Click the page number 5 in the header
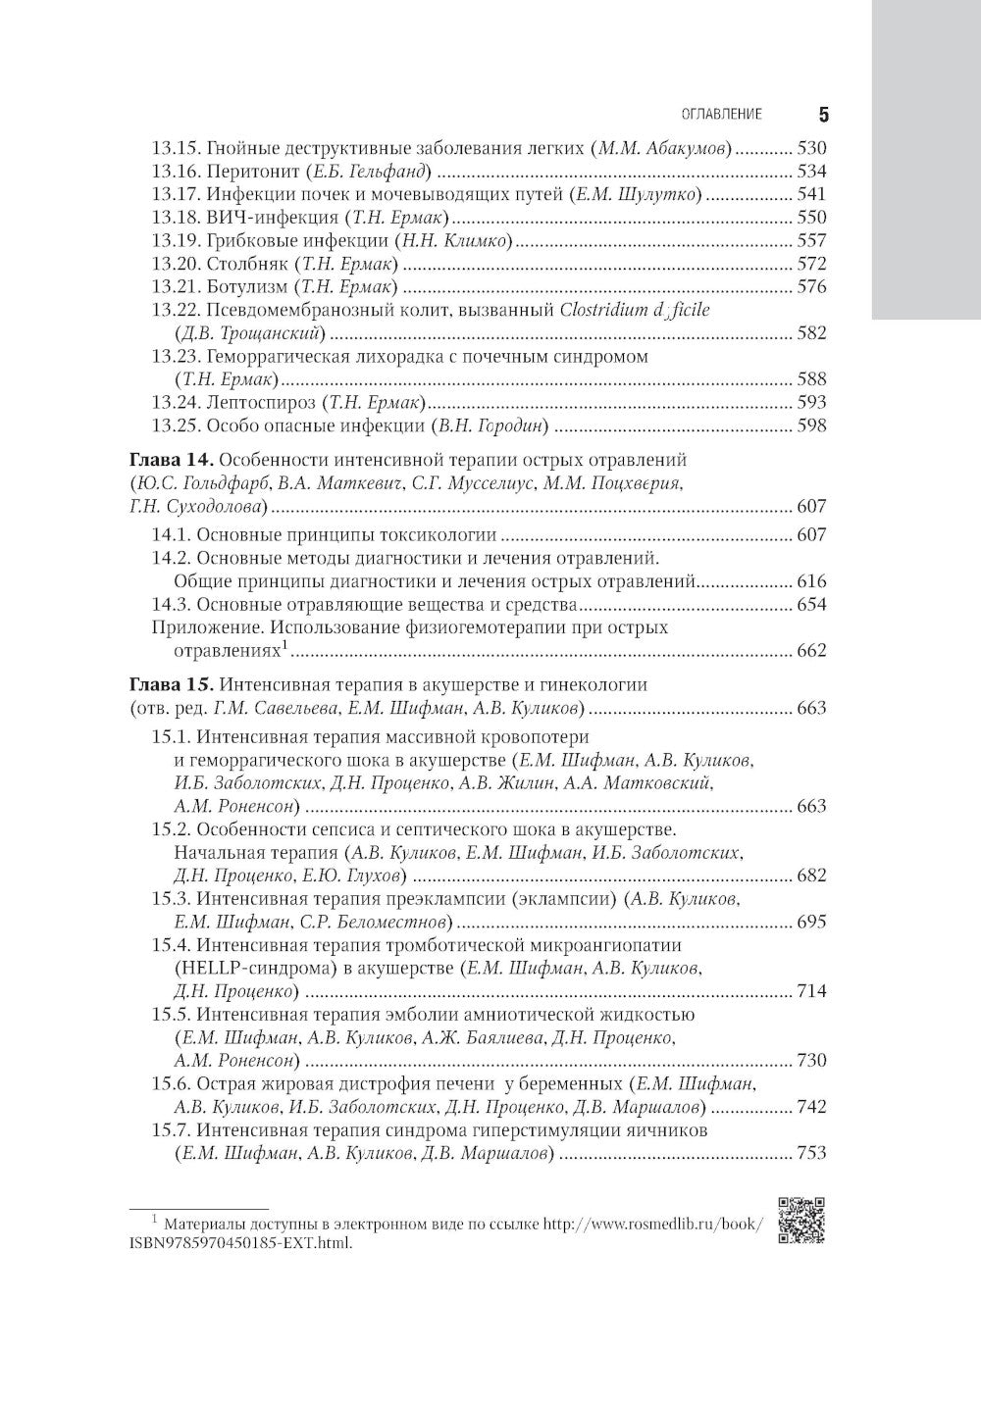(823, 115)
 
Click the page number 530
(812, 148)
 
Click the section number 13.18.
(176, 218)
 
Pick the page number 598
(812, 425)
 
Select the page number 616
(812, 581)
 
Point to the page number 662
(812, 651)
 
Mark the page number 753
(812, 1154)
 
